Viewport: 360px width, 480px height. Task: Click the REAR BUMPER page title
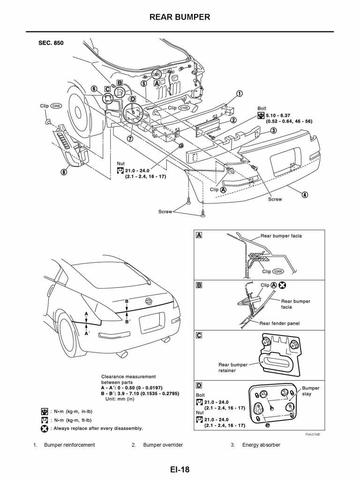180,17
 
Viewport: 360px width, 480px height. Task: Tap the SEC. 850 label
51,43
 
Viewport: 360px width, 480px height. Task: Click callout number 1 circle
239,93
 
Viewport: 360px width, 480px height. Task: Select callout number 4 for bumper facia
305,195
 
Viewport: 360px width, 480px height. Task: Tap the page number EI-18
180,468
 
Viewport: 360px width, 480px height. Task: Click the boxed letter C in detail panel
199,335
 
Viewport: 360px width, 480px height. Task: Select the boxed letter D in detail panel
199,385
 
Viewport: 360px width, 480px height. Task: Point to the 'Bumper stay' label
311,391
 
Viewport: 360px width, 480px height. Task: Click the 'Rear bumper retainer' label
233,367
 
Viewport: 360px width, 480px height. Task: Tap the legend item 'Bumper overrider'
163,445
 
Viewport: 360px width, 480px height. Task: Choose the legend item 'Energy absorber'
261,445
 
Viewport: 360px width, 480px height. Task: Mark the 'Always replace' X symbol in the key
45,428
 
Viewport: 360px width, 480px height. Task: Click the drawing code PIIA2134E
316,435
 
